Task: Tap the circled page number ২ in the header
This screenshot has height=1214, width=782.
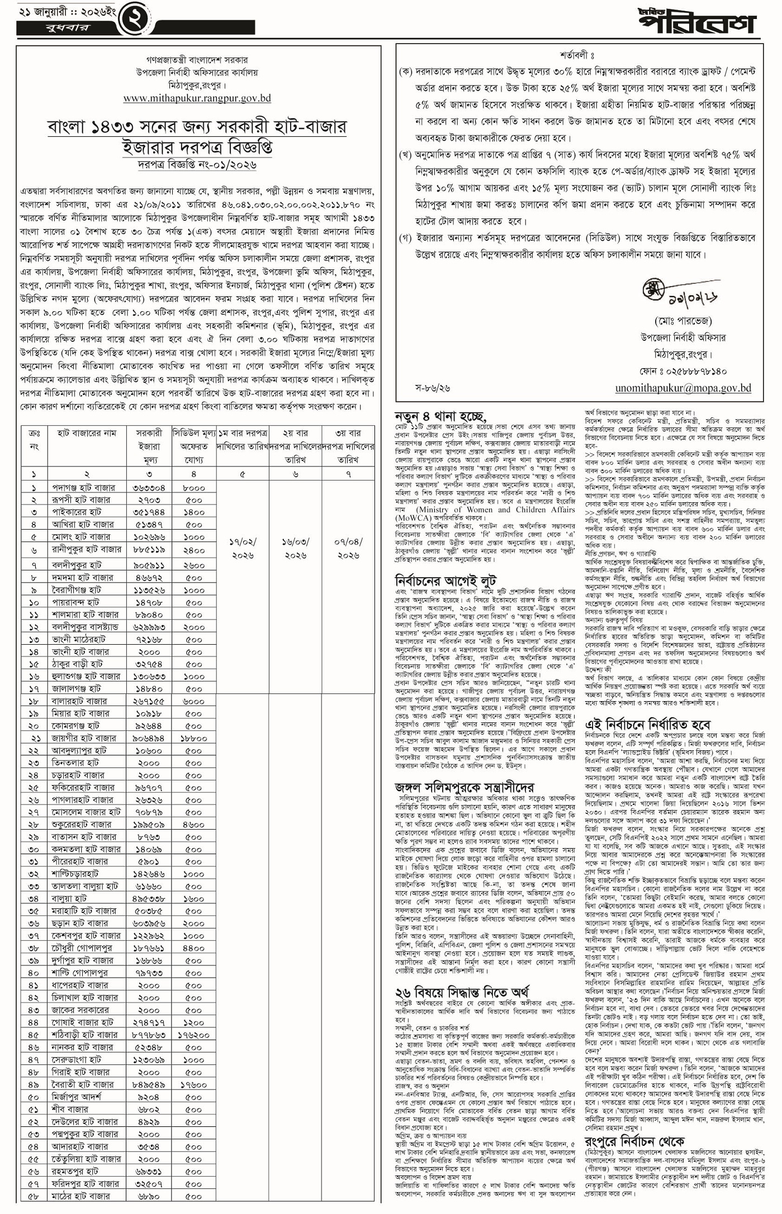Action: [136, 17]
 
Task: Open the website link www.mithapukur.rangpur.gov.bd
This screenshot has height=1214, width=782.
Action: [197, 98]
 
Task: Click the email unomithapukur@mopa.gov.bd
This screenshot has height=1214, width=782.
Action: [683, 388]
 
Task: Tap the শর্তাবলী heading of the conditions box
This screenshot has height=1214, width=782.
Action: [577, 56]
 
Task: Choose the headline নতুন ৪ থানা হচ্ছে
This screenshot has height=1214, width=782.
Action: [440, 416]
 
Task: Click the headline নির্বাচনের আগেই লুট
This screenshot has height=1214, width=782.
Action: [445, 580]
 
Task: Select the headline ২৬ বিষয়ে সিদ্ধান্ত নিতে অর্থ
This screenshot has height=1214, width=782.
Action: [461, 992]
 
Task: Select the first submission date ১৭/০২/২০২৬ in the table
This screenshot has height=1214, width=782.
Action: [243, 549]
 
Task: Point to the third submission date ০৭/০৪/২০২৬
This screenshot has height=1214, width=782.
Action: [348, 549]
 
